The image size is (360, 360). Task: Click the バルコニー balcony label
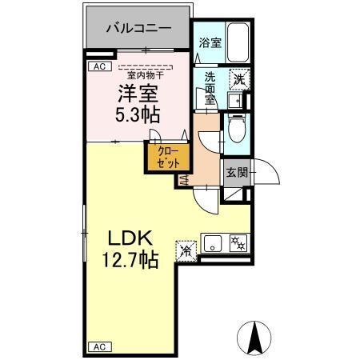click(x=139, y=27)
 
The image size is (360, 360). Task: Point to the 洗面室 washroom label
click(x=210, y=88)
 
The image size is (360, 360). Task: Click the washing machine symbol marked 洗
click(x=238, y=78)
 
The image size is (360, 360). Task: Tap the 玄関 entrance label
click(x=235, y=172)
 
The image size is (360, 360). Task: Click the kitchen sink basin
click(x=214, y=242)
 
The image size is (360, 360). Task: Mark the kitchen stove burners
click(x=238, y=242)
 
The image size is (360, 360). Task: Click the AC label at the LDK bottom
click(x=101, y=346)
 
